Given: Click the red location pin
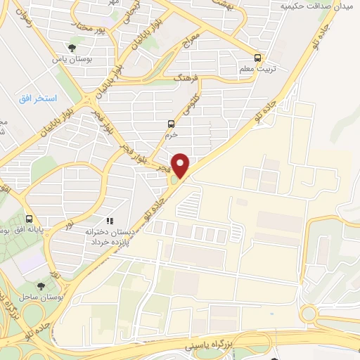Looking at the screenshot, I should pyautogui.click(x=181, y=165).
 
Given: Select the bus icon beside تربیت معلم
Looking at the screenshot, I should pyautogui.click(x=259, y=58).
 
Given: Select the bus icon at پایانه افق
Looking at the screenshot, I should pyautogui.click(x=29, y=219).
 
